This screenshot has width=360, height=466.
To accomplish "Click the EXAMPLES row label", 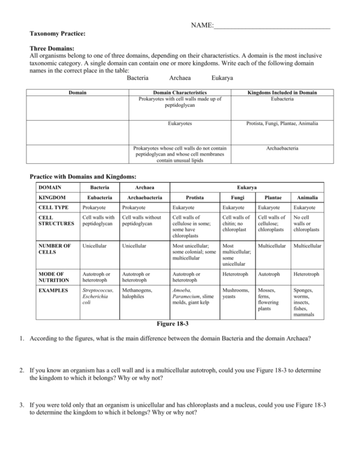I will point(53,290).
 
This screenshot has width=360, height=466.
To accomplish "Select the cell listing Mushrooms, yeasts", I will point(236,294).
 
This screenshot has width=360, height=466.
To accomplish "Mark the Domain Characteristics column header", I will point(180,93).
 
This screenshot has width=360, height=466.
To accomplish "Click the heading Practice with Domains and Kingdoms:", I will point(83,176).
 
